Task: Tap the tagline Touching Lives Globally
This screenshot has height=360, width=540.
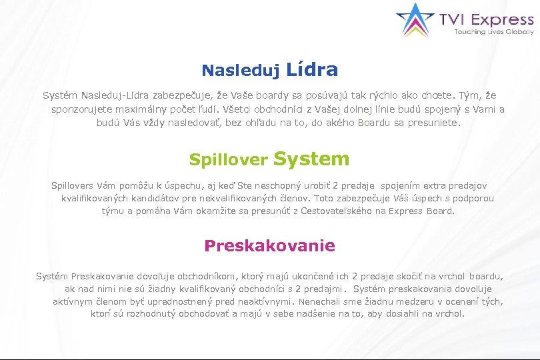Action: click(x=494, y=31)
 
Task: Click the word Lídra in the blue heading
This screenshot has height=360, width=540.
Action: click(x=312, y=69)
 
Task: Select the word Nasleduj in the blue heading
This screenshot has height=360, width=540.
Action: click(x=241, y=70)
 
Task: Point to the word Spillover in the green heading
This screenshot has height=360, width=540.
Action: click(x=229, y=160)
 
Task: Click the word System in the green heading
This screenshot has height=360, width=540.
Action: click(x=311, y=159)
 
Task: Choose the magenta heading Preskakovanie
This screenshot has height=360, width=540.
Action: click(x=269, y=245)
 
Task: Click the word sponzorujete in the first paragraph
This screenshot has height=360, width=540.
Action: click(x=78, y=109)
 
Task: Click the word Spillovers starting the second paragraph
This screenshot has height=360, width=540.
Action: click(x=73, y=185)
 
